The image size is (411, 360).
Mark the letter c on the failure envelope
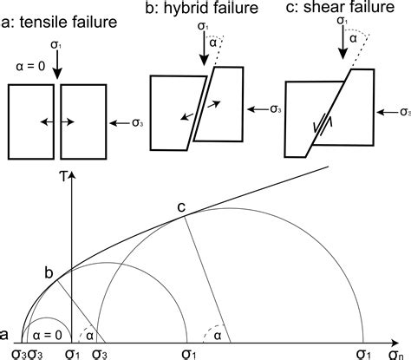point(181,206)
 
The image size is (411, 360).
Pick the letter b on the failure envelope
point(49,274)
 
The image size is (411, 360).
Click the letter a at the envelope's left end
point(6,335)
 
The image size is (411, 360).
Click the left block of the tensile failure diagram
point(30,122)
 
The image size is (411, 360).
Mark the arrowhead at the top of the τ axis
point(73,174)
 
